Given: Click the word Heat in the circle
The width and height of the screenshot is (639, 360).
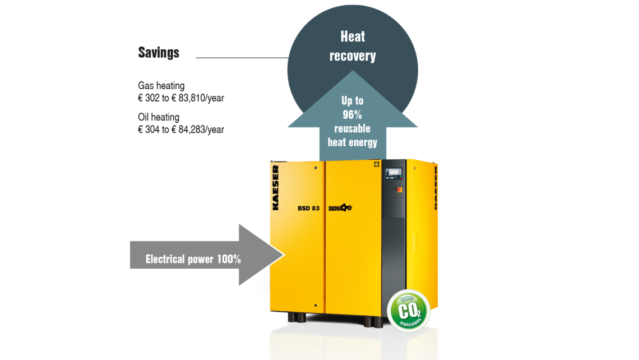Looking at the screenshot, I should (x=353, y=37).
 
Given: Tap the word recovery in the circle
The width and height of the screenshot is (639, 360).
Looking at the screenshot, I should (x=353, y=56).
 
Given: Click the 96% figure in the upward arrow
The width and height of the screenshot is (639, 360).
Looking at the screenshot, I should (x=352, y=115).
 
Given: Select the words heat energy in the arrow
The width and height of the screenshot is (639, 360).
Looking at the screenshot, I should (x=352, y=142).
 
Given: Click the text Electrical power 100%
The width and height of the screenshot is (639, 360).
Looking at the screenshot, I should (x=193, y=259).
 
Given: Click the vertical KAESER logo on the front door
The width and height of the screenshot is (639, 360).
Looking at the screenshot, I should (x=276, y=187).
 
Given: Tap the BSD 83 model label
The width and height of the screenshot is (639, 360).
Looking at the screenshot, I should (x=308, y=208).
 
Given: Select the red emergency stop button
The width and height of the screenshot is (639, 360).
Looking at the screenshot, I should (x=400, y=190).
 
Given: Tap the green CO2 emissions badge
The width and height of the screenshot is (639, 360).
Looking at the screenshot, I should (x=409, y=310).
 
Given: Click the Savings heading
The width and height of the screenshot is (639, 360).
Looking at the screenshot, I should (x=159, y=53).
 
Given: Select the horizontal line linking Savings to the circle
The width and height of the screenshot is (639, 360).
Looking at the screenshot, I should (x=241, y=57).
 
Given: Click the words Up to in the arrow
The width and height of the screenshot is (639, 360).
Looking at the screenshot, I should (x=352, y=101).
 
